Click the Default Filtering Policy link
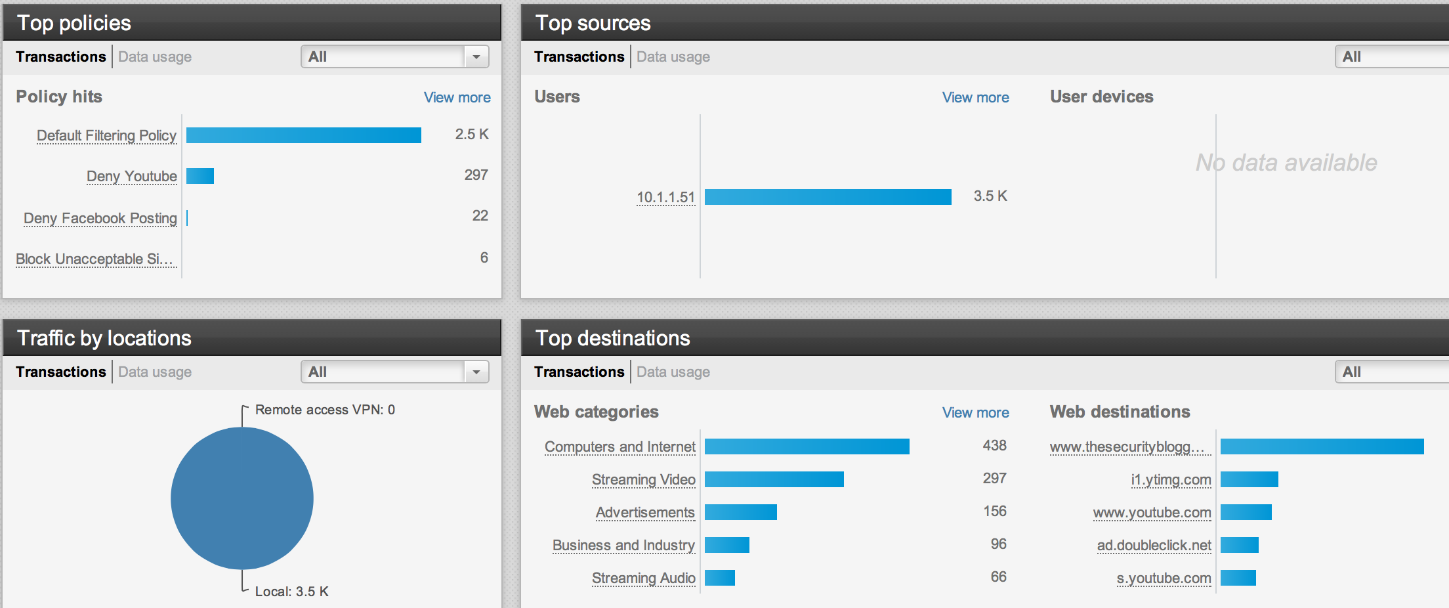106,135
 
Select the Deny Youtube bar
200,176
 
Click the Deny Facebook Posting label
100,218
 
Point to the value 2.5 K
471,134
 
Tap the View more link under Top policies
457,97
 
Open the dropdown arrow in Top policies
476,57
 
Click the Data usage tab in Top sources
673,57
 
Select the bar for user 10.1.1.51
828,197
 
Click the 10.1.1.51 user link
665,197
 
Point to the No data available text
1286,162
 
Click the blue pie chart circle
242,498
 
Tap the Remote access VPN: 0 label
325,410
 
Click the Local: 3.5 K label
291,592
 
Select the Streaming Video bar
774,479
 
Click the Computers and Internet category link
619,446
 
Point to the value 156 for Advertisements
994,511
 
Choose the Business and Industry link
623,545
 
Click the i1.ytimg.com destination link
1171,479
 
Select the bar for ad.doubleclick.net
1239,545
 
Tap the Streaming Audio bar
719,578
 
